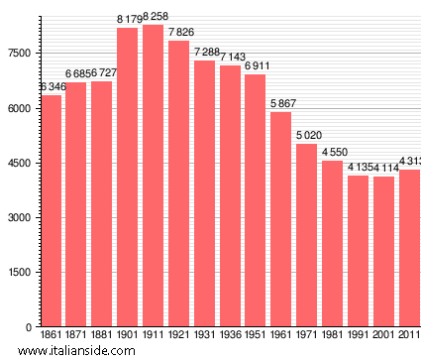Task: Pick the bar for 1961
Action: [x=281, y=219]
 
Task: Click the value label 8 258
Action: [x=154, y=18]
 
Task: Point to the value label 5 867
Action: [x=281, y=104]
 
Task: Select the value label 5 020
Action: [x=307, y=136]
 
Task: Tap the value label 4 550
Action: [x=333, y=153]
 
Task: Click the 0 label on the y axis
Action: [x=30, y=327]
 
